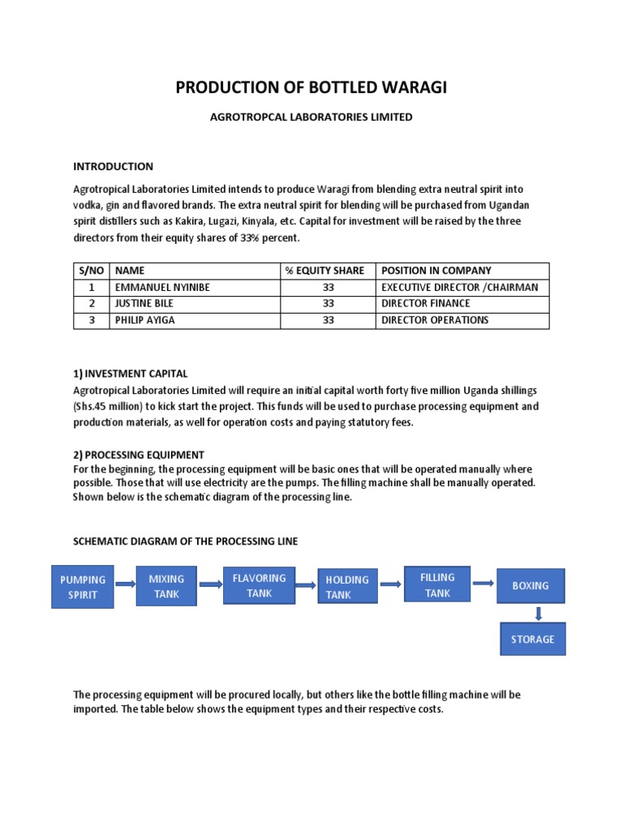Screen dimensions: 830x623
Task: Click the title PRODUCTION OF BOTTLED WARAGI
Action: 311,88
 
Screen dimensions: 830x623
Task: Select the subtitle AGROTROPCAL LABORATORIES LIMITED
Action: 311,118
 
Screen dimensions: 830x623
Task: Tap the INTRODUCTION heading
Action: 113,166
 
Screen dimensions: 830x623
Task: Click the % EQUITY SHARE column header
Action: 324,271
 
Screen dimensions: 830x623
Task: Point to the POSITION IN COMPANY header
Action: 436,271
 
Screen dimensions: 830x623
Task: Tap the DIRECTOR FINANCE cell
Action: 426,303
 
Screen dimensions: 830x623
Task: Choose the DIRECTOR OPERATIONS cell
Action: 435,320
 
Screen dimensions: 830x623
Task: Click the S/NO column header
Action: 91,271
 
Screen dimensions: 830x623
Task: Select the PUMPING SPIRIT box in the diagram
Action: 83,587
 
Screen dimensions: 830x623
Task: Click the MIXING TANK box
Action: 166,586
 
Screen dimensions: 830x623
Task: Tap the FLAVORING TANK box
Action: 259,585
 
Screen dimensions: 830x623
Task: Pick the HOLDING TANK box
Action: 347,587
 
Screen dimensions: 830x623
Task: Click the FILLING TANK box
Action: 437,584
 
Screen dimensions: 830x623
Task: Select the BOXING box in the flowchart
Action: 531,585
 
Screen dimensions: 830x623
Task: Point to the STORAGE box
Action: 532,639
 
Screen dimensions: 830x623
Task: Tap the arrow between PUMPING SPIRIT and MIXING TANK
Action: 125,584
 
